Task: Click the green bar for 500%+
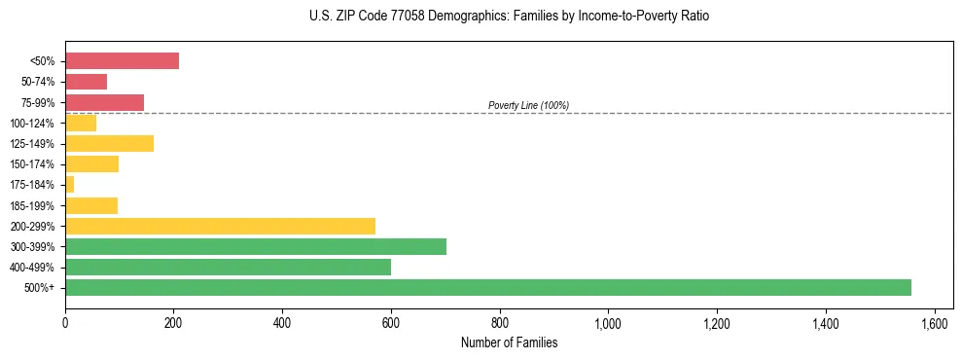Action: (487, 287)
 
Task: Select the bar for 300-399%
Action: (256, 246)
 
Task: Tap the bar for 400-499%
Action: (228, 267)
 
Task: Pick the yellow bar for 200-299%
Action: (220, 226)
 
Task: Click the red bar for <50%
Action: (122, 61)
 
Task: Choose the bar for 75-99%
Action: (104, 102)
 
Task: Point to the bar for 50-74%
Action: (86, 82)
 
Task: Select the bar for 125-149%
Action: (109, 144)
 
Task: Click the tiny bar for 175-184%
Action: (69, 185)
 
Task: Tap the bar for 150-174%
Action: (91, 164)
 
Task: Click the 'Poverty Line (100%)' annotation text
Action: (528, 105)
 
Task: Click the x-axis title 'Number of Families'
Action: (509, 342)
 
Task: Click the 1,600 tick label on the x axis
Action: (934, 322)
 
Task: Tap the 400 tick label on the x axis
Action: (282, 322)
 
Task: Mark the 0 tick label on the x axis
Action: (65, 322)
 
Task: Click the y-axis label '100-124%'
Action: (32, 124)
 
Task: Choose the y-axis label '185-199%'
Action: (32, 205)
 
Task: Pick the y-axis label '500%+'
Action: (40, 288)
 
